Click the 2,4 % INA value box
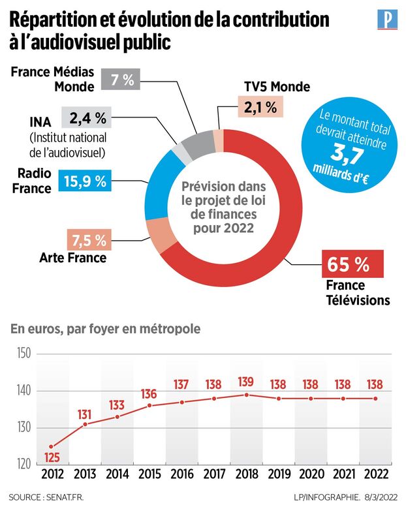point(87,118)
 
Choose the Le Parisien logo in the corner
point(387,19)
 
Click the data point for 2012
point(52,446)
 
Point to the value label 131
point(86,414)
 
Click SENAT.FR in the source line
point(65,497)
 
